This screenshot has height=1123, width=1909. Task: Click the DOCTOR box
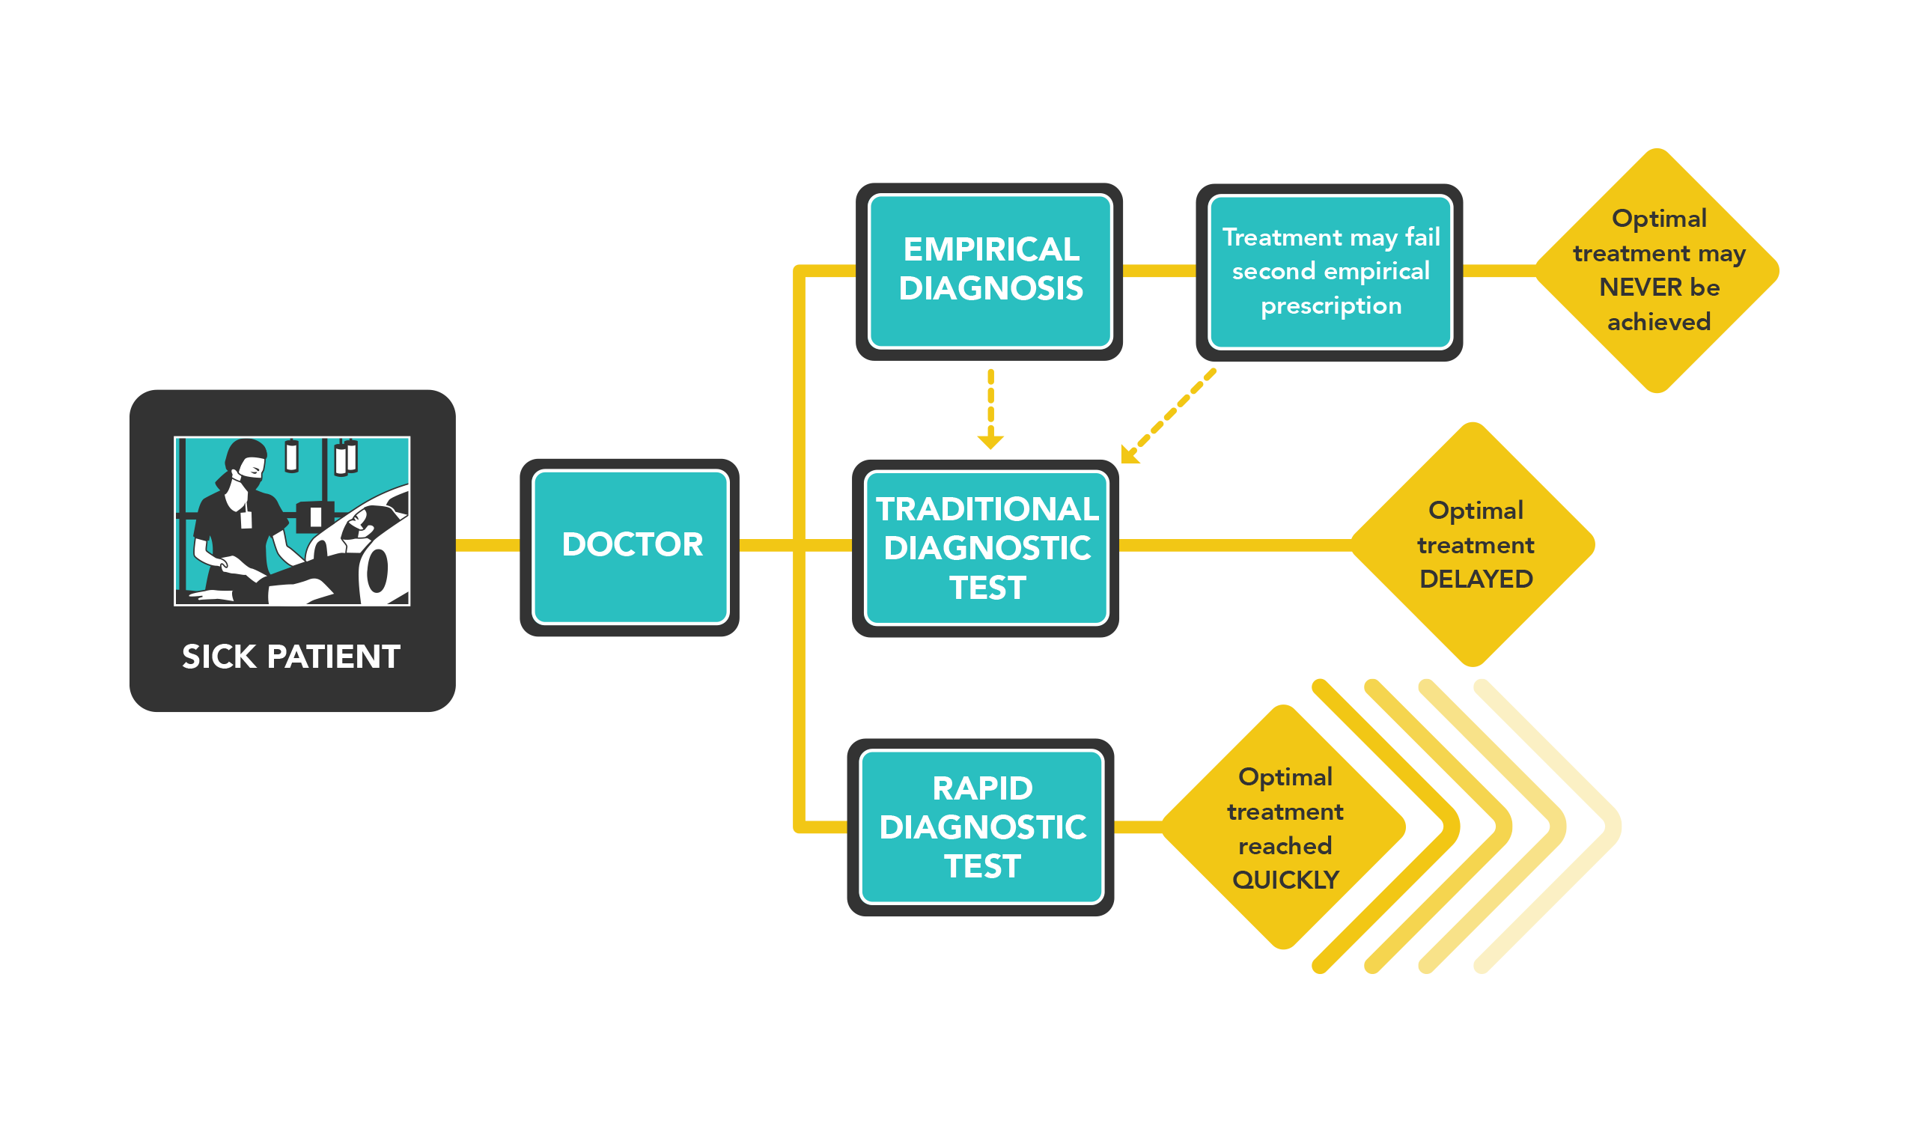pyautogui.click(x=630, y=547)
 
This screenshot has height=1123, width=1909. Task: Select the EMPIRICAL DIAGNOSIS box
pyautogui.click(x=989, y=271)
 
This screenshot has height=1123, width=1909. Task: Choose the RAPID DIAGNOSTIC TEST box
pyautogui.click(x=980, y=827)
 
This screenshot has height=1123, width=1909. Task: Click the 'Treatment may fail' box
pyautogui.click(x=1329, y=272)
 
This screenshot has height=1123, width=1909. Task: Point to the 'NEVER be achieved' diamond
pyautogui.click(x=1657, y=270)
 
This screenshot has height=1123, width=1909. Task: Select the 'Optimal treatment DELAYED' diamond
pyautogui.click(x=1473, y=544)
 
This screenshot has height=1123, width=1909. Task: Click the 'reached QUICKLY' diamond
pyautogui.click(x=1283, y=827)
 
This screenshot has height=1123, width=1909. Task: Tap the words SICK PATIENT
pyautogui.click(x=291, y=657)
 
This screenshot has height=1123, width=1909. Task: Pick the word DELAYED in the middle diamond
pyautogui.click(x=1476, y=579)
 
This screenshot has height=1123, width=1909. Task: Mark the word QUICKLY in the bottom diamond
pyautogui.click(x=1285, y=880)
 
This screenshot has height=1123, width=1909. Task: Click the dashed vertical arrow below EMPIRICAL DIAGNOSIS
pyautogui.click(x=990, y=410)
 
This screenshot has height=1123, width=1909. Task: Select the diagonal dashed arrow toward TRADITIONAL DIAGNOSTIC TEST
pyautogui.click(x=1167, y=416)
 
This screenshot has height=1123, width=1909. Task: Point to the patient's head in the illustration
pyautogui.click(x=361, y=523)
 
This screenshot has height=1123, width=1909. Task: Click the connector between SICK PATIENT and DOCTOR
pyautogui.click(x=488, y=545)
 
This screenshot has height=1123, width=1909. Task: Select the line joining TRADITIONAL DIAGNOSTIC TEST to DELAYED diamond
pyautogui.click(x=1235, y=545)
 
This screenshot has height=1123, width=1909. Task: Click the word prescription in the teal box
pyautogui.click(x=1331, y=306)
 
